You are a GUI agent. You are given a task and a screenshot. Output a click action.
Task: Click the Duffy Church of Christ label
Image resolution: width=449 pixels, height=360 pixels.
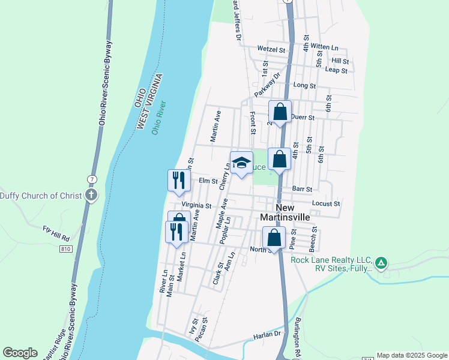click(40, 195)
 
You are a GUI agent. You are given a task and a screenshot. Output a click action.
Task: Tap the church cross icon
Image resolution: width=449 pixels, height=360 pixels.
click(91, 195)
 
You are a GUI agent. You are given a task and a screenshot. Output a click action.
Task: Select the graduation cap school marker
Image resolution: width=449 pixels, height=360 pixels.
click(241, 163)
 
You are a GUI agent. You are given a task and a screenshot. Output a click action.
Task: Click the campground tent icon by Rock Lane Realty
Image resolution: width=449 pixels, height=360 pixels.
click(381, 262)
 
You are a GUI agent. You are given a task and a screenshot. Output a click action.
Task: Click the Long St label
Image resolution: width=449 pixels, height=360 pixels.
click(304, 86)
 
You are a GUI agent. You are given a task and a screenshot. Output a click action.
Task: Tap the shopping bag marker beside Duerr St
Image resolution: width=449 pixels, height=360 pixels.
click(279, 112)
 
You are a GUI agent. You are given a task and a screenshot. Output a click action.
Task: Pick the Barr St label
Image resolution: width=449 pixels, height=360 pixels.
click(302, 188)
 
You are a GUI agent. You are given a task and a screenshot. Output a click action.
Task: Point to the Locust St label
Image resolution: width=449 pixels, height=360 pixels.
click(326, 204)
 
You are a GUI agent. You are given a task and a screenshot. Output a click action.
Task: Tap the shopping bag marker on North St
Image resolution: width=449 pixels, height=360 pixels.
click(274, 238)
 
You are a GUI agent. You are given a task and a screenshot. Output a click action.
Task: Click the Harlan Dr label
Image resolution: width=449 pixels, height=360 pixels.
click(267, 334)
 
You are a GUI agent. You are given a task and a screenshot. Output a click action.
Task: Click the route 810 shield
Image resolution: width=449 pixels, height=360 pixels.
click(66, 248)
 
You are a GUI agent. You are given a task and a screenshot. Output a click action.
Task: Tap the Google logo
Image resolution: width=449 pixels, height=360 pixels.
click(20, 353)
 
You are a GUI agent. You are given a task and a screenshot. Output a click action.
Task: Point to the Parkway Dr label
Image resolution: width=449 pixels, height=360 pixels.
click(268, 86)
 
